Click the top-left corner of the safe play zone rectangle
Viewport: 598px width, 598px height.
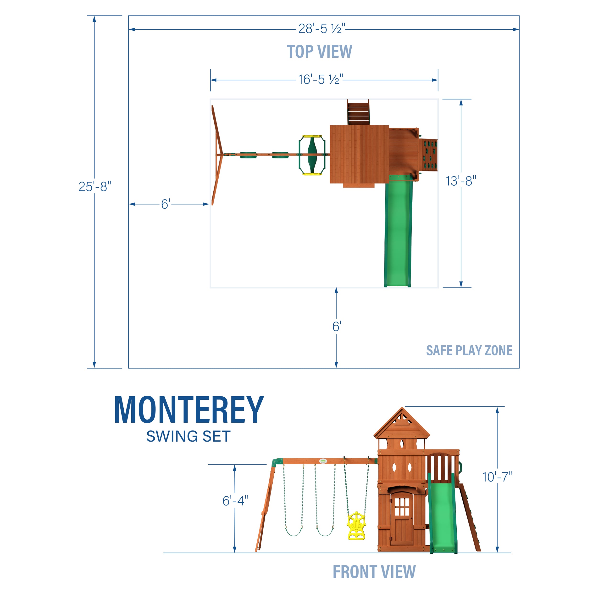click(129, 16)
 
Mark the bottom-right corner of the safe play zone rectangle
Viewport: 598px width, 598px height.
click(519, 368)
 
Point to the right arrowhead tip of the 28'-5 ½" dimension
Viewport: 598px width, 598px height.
click(519, 29)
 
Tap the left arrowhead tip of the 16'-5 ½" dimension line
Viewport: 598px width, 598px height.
click(210, 80)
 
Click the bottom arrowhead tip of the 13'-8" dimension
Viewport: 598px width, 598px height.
click(461, 287)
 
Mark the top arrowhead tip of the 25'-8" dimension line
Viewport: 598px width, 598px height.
click(94, 16)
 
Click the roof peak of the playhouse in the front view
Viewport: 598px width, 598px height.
click(402, 407)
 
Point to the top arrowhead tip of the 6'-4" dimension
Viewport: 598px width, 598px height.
click(235, 465)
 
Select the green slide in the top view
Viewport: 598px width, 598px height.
click(398, 231)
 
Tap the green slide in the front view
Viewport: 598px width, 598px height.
click(442, 513)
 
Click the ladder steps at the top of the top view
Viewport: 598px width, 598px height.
click(358, 112)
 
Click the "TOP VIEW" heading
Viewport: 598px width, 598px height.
click(319, 51)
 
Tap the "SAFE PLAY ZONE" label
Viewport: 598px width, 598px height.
click(469, 350)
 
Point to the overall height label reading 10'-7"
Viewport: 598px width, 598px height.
click(497, 477)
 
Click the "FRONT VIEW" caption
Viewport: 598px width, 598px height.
click(374, 572)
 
